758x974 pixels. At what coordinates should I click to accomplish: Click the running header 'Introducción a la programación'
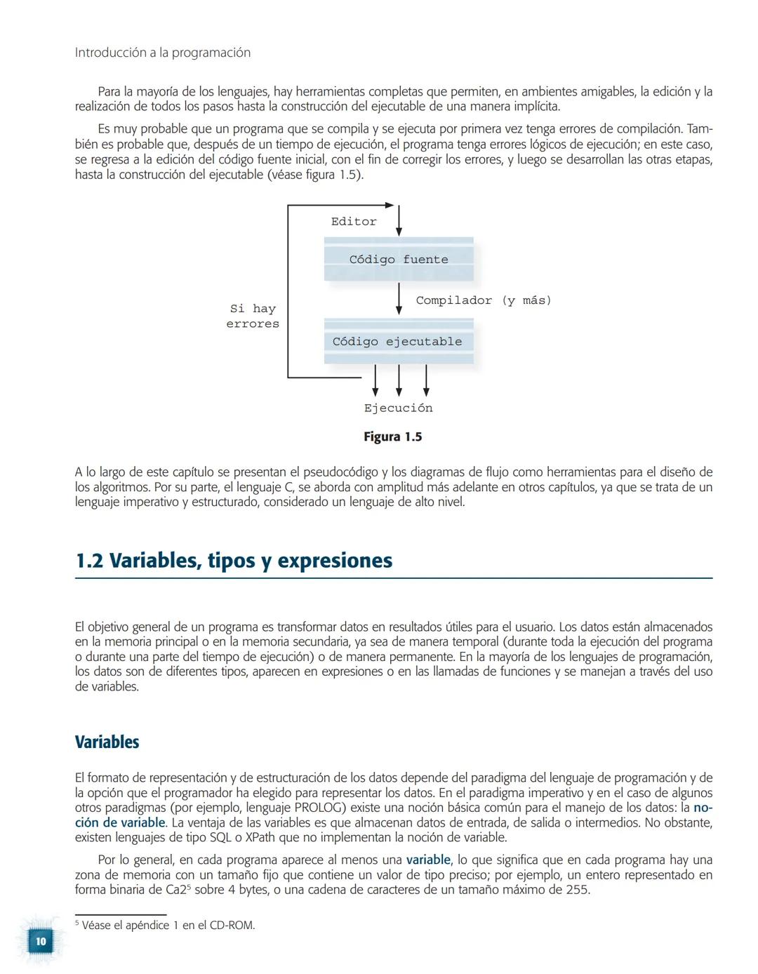coord(162,53)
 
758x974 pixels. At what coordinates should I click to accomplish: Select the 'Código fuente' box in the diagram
coord(399,260)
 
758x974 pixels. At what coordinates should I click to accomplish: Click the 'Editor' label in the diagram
coord(354,222)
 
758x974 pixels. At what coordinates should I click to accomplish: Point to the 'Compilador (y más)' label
coord(484,300)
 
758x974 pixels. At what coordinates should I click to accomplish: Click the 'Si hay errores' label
coord(253,316)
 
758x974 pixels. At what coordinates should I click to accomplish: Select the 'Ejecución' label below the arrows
coord(398,408)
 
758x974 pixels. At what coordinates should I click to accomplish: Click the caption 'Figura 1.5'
coord(392,437)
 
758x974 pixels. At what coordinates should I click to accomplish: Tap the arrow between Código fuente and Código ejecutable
coord(399,299)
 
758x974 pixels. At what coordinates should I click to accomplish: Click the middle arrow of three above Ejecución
coord(399,380)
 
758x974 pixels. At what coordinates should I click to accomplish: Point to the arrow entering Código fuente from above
coord(399,220)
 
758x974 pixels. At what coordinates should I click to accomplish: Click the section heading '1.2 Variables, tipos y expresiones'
coord(234,561)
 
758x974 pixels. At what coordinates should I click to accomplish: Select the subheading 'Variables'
coord(107,742)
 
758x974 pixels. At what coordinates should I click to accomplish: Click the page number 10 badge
coord(41,941)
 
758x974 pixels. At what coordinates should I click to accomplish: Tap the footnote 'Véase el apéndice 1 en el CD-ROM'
coord(168,926)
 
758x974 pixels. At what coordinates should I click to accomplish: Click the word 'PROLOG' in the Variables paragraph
coord(319,808)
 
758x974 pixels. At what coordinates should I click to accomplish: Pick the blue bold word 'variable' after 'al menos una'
coord(428,860)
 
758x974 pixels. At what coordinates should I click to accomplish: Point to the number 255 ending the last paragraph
coord(577,890)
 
